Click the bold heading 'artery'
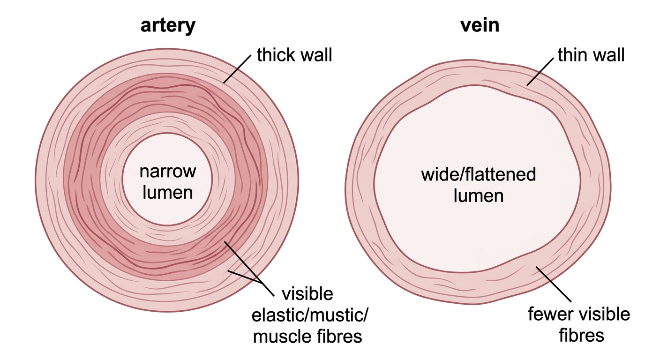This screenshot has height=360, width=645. click(x=168, y=26)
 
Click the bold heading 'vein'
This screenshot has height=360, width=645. click(x=480, y=25)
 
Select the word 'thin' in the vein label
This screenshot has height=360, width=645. click(x=572, y=55)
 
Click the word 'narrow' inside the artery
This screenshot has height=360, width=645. click(x=168, y=172)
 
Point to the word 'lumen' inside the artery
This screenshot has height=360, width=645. click(x=168, y=192)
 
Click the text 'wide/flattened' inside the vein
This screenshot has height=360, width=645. click(x=478, y=174)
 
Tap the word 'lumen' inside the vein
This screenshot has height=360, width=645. click(x=478, y=196)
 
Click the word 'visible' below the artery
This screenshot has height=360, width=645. click(x=307, y=294)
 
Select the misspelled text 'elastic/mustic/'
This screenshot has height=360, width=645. click(x=310, y=315)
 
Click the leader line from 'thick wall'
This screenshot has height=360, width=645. click(x=237, y=69)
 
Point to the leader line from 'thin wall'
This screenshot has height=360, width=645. click(x=540, y=72)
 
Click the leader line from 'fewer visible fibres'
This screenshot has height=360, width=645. click(x=554, y=284)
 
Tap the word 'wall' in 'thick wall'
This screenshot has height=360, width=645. click(x=314, y=55)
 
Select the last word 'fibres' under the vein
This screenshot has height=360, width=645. click(x=581, y=335)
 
